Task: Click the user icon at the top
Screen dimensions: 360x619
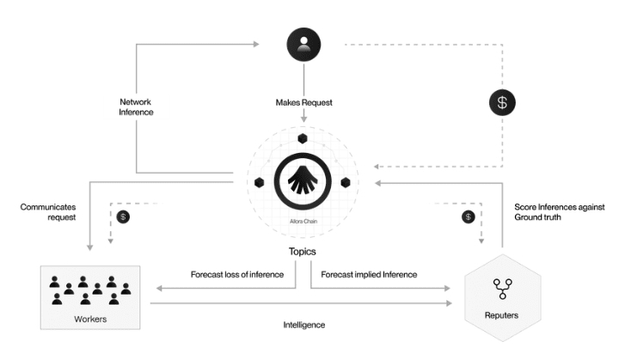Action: (303, 44)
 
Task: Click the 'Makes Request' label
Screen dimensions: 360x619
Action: (303, 103)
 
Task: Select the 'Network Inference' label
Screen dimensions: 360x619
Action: (136, 107)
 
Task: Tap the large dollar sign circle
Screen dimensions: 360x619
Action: (503, 103)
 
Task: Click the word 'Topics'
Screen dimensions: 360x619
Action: (303, 253)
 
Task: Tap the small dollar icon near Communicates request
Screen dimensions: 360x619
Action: (124, 217)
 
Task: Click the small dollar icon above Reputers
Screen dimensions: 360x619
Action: (468, 216)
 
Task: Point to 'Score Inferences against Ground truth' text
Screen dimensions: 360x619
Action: (560, 212)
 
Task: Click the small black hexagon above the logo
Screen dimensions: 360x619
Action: (303, 138)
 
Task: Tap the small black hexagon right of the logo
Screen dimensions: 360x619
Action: (346, 182)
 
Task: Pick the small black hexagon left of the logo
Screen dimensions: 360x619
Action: (260, 182)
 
